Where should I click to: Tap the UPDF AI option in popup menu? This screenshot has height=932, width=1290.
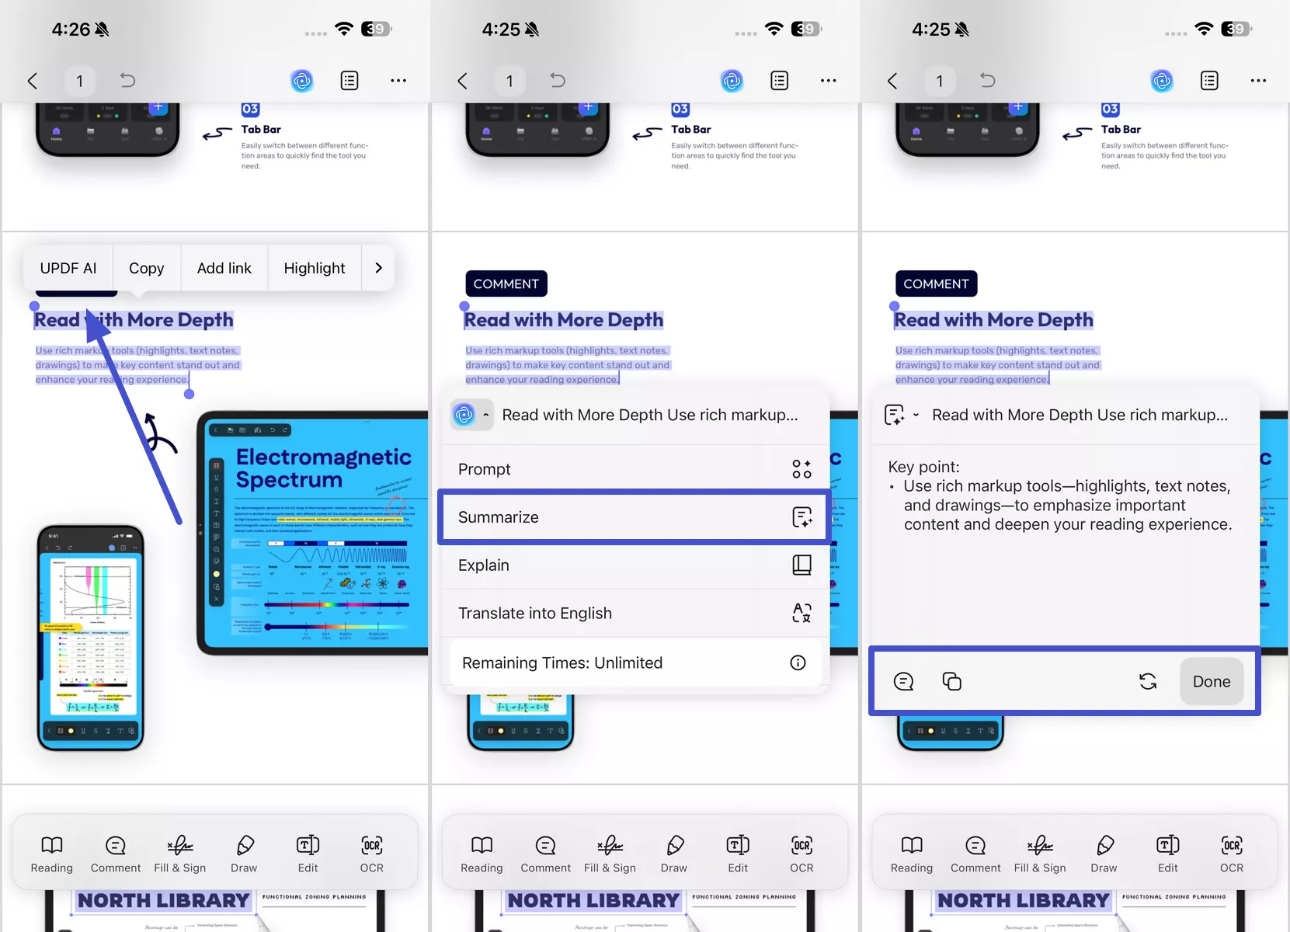click(68, 268)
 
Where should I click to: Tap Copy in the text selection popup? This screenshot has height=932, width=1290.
click(146, 268)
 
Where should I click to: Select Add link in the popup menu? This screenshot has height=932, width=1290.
click(224, 268)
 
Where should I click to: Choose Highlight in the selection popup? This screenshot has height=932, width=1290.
click(314, 268)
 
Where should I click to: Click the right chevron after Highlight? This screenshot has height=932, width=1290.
click(378, 268)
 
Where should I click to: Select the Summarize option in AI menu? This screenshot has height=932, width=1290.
click(634, 517)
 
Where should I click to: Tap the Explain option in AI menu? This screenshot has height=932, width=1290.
click(634, 565)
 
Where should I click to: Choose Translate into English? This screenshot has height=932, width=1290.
click(634, 614)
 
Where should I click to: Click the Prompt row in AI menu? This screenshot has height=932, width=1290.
click(634, 469)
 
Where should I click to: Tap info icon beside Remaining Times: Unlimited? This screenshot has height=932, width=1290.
click(798, 662)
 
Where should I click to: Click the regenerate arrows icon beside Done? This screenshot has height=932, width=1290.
click(1148, 681)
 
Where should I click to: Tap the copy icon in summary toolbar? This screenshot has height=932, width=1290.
click(951, 681)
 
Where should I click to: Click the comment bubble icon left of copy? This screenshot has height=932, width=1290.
click(903, 681)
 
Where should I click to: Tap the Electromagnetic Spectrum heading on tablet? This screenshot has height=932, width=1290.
click(323, 468)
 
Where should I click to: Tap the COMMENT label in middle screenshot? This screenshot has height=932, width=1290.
click(506, 283)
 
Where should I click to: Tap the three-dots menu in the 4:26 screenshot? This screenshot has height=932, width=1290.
click(398, 81)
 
